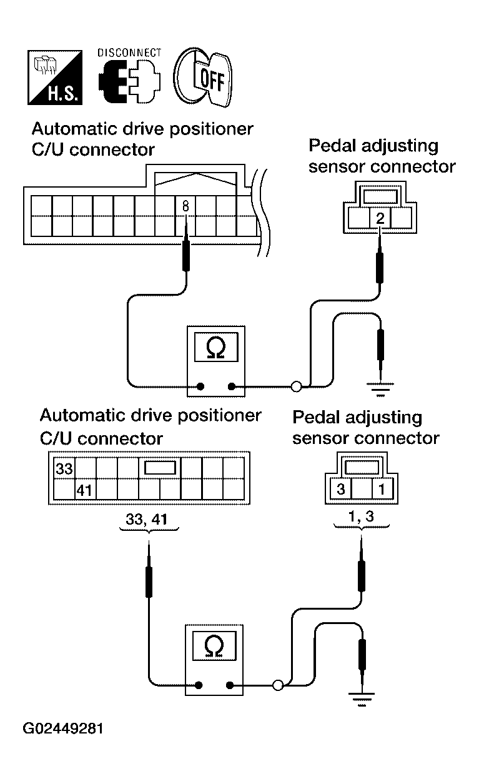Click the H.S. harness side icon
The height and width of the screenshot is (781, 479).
(55, 78)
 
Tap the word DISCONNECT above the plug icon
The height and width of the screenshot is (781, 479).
(129, 53)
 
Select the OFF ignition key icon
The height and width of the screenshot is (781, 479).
(203, 77)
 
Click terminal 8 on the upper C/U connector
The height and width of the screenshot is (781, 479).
(185, 206)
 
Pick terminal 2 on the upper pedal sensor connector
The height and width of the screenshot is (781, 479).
(380, 218)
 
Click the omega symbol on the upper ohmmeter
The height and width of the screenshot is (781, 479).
(216, 347)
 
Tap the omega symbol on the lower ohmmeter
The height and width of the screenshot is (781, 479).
(214, 647)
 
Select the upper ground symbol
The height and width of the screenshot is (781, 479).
(380, 390)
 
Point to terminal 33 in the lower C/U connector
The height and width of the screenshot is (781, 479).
(64, 469)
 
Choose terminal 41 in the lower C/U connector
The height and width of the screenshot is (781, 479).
(84, 491)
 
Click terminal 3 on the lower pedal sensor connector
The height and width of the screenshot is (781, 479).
(341, 489)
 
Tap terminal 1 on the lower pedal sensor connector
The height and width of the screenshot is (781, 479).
(382, 489)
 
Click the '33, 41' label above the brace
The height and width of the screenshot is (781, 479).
(147, 520)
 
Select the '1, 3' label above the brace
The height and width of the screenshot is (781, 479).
(361, 516)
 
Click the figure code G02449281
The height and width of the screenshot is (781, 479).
(62, 728)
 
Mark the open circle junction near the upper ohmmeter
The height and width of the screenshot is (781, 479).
(296, 386)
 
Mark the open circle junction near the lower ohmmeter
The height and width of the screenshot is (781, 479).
(278, 685)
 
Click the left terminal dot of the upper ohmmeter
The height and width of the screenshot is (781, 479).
(200, 386)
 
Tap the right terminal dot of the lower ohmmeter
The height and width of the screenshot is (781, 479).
(230, 685)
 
